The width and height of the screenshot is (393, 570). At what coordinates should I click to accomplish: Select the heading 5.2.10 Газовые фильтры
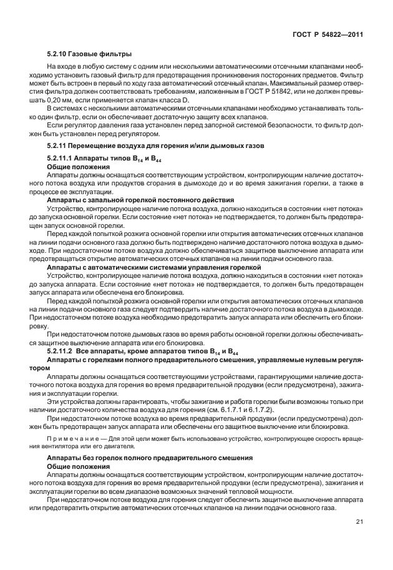click(90, 54)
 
